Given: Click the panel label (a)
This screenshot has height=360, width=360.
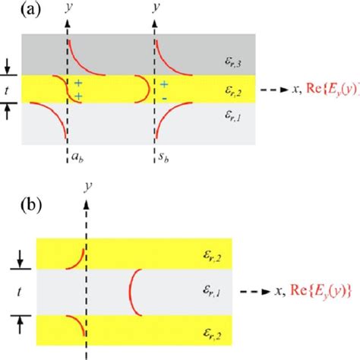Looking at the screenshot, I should [15, 11].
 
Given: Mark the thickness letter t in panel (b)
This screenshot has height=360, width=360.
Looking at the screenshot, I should [8, 289].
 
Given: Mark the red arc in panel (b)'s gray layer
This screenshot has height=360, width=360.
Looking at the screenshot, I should [132, 289].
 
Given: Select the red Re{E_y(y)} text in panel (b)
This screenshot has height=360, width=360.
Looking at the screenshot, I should [312, 289].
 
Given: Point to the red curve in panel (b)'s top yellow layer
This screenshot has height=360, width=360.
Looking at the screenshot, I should [75, 257].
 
